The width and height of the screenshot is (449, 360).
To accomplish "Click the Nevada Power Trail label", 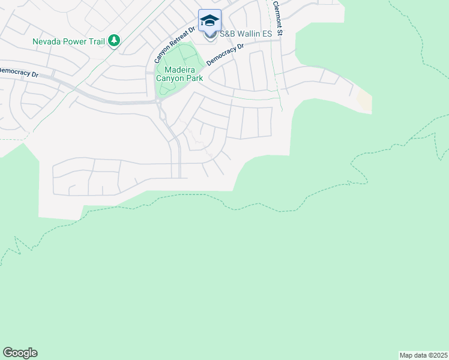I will [68, 41].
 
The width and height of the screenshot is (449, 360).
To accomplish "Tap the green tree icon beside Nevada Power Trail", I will [113, 41].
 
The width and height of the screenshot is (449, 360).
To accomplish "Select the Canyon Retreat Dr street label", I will [175, 46].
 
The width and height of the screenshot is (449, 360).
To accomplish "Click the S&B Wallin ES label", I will [246, 34].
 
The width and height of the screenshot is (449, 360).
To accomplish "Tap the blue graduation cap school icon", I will [209, 21].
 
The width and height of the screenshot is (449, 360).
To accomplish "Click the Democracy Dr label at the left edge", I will [18, 71].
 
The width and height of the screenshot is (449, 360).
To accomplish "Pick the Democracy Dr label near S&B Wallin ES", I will [225, 55].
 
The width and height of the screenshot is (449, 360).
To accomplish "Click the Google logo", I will [20, 353].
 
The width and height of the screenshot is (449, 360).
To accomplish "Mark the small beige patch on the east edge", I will [364, 100].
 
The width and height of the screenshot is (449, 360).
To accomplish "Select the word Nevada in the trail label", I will [46, 41].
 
